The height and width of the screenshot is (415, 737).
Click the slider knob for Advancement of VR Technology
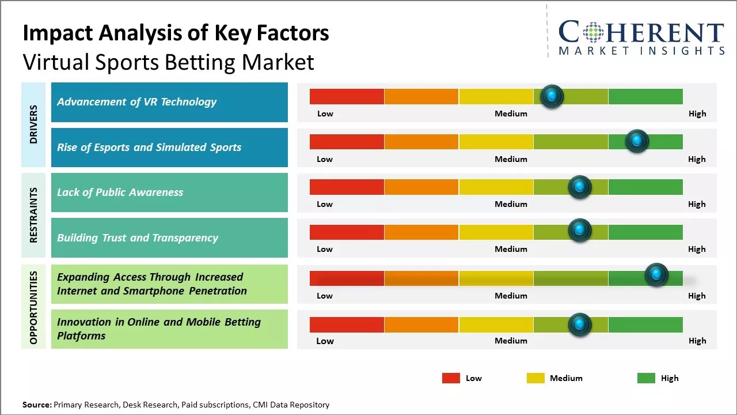point(552,96)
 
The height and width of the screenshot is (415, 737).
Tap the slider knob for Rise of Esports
point(637,141)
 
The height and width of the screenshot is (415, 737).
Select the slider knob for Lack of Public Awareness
point(580,187)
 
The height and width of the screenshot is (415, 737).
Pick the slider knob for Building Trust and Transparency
point(580,230)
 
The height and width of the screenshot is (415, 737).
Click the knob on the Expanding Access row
point(656,274)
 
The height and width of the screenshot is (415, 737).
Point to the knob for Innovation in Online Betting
point(580,325)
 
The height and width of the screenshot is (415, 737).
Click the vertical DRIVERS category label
point(33,124)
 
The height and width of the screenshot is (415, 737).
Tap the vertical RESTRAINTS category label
point(33,215)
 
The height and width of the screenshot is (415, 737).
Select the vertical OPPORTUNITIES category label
point(33,308)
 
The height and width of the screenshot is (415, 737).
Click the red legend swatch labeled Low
point(451,378)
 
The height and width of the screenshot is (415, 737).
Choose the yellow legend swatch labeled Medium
point(535,378)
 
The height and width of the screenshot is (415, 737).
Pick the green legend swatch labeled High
point(646,378)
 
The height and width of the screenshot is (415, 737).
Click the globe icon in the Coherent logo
point(593,32)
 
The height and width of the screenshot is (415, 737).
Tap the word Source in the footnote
point(37,405)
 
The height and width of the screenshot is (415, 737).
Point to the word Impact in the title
point(58,33)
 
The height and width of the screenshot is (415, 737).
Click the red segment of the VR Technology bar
point(347,96)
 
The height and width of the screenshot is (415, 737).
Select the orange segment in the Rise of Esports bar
point(421,142)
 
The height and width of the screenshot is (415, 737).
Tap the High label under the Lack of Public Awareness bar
point(697,204)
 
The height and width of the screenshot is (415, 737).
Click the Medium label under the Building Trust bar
point(511,249)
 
